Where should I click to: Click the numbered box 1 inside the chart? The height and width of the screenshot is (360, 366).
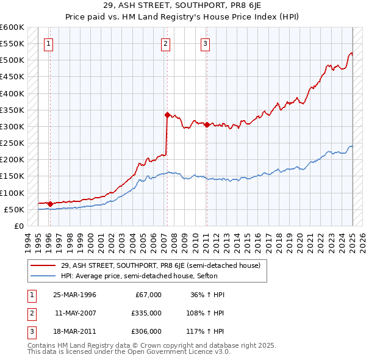pos(48,43)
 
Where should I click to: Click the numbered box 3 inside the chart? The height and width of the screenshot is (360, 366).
pos(206,43)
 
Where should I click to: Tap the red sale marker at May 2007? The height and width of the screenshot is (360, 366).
pos(167,114)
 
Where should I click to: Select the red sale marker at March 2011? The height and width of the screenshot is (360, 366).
pos(207,124)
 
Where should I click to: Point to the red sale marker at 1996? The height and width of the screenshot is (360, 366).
pos(49,203)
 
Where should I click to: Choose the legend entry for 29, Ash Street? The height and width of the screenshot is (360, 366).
pos(160,265)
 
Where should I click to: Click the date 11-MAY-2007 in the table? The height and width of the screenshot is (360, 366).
pos(76,313)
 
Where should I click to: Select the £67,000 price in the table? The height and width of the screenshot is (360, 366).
pos(148,295)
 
